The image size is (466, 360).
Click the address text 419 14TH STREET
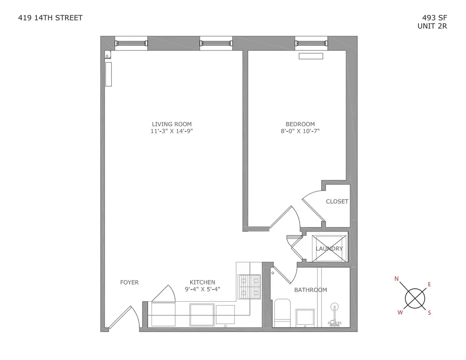[x=50, y=18]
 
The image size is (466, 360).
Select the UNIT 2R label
[x=432, y=26]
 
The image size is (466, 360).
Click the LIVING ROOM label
[x=171, y=124]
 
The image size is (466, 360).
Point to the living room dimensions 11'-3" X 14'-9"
[x=171, y=131]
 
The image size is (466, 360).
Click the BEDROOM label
[x=300, y=124]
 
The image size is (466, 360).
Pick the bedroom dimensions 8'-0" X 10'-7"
[x=300, y=131]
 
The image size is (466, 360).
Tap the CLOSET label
[x=337, y=201]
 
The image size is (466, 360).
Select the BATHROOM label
[x=310, y=290]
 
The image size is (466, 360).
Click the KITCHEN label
[x=202, y=282]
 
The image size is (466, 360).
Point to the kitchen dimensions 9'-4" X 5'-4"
[x=202, y=289]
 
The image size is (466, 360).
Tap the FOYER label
[x=129, y=282]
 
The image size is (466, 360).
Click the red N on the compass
[x=397, y=279]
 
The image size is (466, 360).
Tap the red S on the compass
[x=429, y=313]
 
